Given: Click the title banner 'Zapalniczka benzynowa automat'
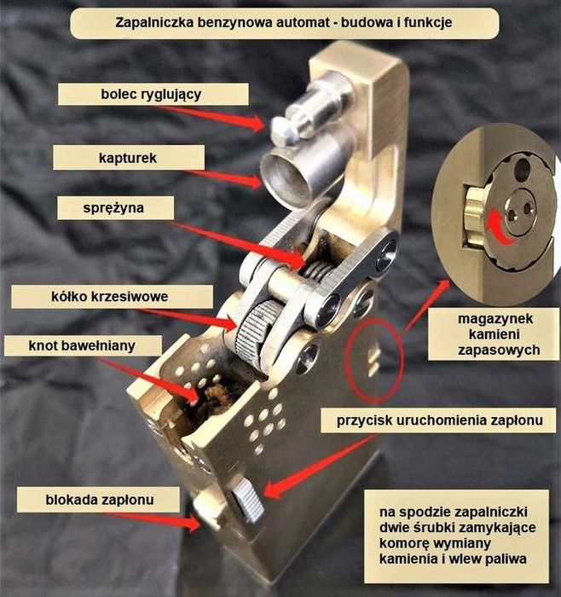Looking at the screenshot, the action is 284,23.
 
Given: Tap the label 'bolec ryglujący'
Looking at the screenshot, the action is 153,94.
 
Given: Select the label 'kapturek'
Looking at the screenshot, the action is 128,158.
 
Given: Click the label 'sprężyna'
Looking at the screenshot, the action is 115,208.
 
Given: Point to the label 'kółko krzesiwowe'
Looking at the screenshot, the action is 112,297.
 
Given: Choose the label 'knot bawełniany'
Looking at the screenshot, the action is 83,345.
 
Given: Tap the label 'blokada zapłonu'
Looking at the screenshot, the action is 98,499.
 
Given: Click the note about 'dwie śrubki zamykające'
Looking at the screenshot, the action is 457,536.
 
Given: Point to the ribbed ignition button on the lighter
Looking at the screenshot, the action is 248,500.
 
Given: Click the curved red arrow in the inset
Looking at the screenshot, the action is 498,229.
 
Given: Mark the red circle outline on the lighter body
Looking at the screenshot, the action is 346,360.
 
